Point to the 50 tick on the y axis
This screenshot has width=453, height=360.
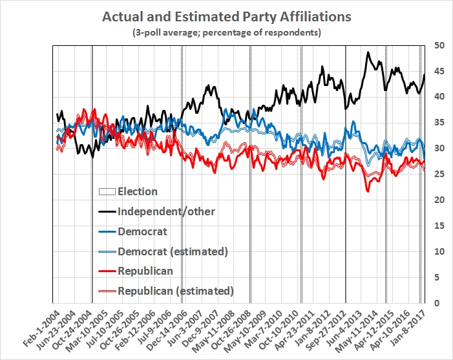439,45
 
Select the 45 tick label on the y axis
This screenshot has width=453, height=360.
439,71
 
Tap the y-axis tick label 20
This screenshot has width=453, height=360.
439,200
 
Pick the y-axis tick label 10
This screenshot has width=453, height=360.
439,251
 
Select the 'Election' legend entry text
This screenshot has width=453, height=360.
138,191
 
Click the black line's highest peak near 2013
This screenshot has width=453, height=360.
368,52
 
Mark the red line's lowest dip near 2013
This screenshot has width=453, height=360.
367,191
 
